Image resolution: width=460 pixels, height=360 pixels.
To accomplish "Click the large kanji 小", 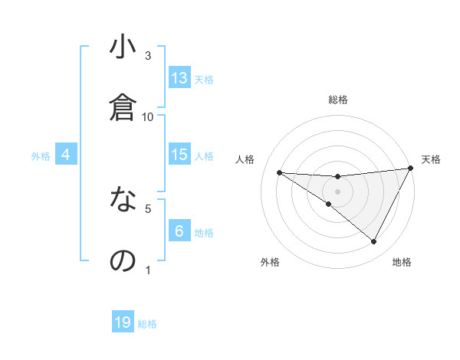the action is tap(123, 47).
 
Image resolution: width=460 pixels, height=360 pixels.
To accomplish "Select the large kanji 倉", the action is tap(123, 108).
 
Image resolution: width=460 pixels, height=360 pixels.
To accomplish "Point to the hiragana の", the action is tap(123, 260).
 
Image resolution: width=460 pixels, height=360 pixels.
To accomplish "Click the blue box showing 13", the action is tap(179, 78).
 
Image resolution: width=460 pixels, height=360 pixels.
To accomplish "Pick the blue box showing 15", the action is tap(179, 155).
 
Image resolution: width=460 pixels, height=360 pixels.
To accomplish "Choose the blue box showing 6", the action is tap(179, 231).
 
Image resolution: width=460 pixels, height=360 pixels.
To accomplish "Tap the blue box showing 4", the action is tap(66, 155).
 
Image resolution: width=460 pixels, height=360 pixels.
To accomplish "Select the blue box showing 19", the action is tap(123, 322).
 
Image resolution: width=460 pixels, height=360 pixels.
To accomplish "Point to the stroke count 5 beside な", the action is tap(148, 208).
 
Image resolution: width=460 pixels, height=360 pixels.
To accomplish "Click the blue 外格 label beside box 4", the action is tap(41, 155).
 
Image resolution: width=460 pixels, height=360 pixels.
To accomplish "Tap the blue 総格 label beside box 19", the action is tap(147, 324).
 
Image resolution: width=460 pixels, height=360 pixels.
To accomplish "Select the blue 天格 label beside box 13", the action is tap(204, 79).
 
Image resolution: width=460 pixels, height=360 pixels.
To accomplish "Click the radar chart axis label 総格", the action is tap(338, 100).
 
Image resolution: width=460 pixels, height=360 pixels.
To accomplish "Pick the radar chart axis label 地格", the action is tap(402, 262).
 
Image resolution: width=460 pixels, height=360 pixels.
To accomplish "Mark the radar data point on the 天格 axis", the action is tap(411, 169).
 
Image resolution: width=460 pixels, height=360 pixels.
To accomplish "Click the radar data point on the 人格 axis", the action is tap(280, 172).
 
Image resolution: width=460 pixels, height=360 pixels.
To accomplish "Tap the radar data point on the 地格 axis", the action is tap(374, 242).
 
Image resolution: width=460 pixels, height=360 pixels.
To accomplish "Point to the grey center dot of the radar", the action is tap(338, 191).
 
